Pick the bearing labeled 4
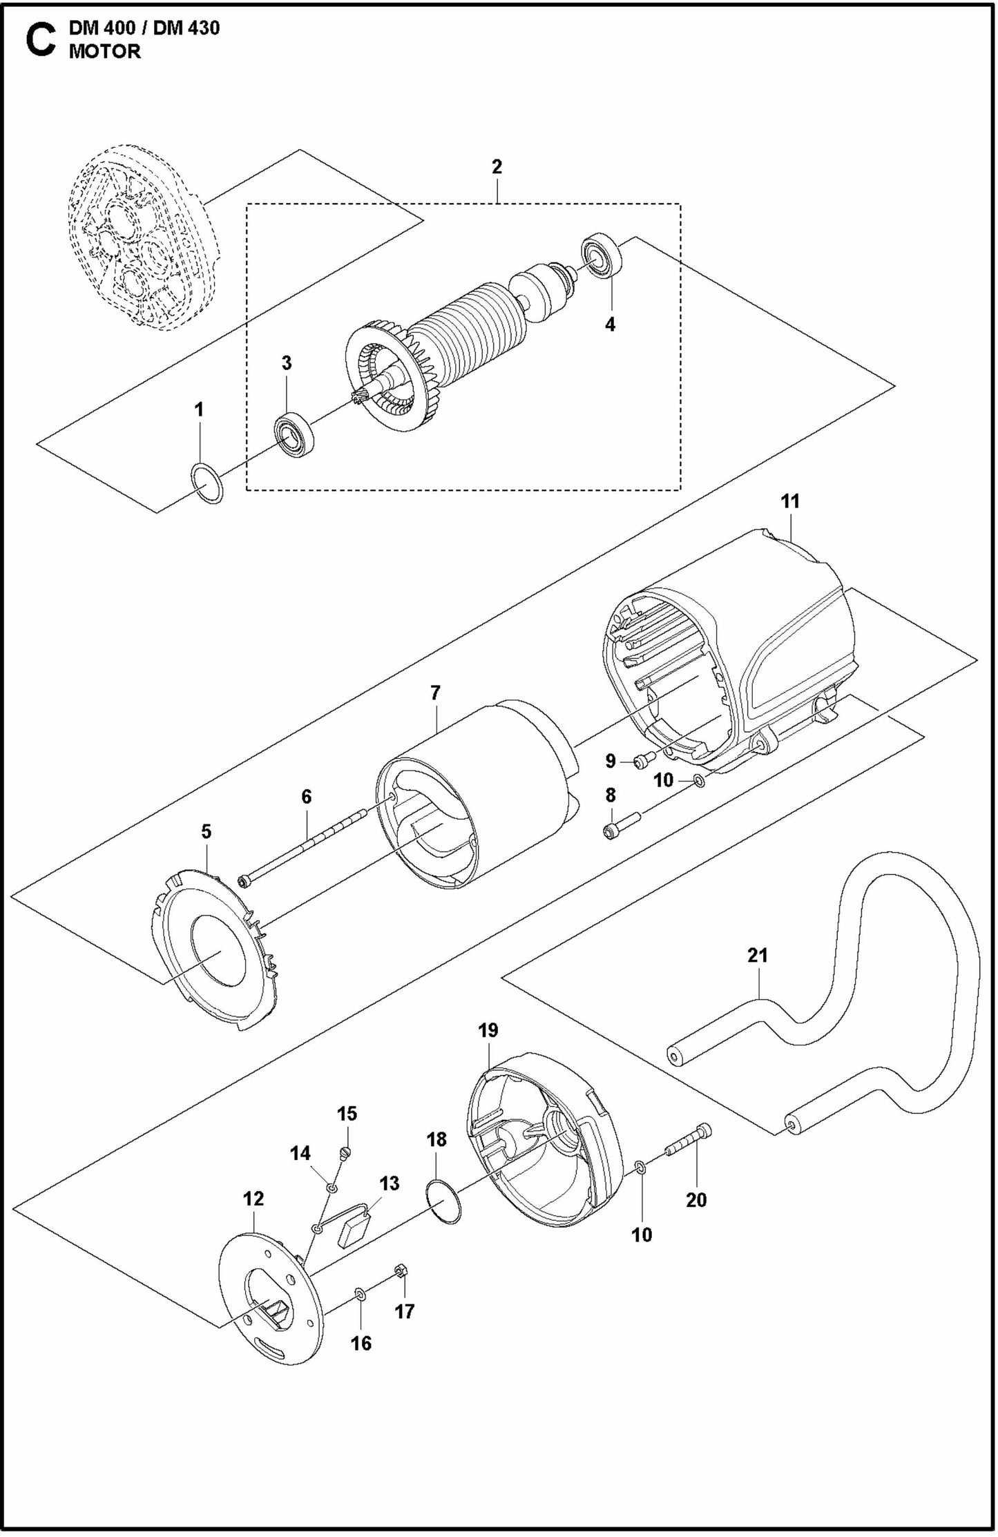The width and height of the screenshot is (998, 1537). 603,257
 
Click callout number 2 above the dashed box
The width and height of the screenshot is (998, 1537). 497,167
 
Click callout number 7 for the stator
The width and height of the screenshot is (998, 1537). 435,693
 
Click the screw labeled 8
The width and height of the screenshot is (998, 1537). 622,826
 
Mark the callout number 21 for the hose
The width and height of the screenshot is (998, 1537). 757,956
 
